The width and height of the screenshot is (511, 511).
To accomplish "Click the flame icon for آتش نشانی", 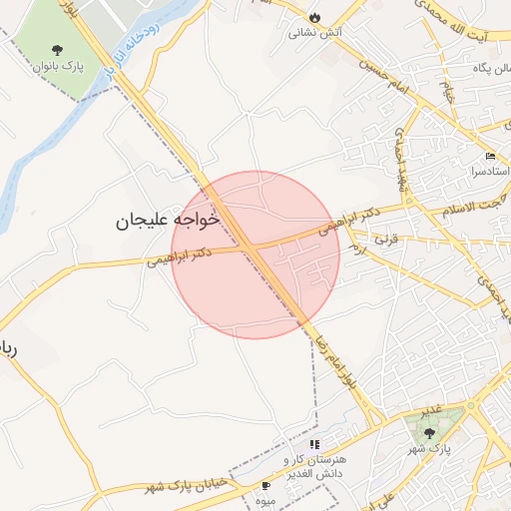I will tap(315, 18).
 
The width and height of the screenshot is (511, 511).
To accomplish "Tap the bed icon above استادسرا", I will tap(490, 157).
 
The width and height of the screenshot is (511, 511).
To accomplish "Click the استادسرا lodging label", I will tap(490, 172).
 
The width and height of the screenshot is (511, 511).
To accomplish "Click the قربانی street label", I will tap(384, 240).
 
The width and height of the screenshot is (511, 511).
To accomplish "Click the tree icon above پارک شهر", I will tap(430, 433).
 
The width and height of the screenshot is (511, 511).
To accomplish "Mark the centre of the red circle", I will tap(255, 255).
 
